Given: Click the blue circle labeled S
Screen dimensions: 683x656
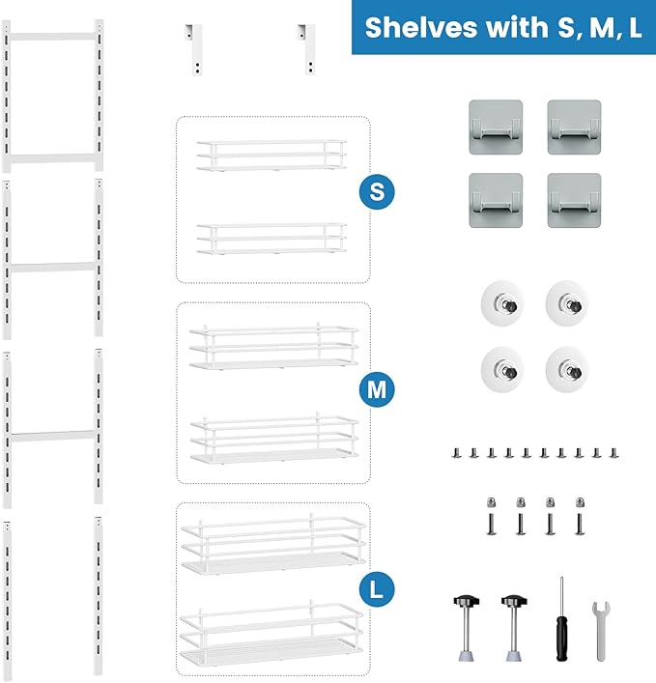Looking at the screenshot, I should coord(377,190).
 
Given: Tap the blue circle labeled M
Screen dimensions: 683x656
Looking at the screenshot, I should coord(377,389).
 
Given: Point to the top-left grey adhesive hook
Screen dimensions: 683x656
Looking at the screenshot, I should coord(495,125).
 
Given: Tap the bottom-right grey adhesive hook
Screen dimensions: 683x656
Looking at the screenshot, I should coord(575,200).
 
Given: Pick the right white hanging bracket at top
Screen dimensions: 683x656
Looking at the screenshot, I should coord(308,46).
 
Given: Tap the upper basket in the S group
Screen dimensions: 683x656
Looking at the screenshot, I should coord(271,155).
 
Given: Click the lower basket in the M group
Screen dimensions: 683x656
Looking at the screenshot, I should coord(274,439).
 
